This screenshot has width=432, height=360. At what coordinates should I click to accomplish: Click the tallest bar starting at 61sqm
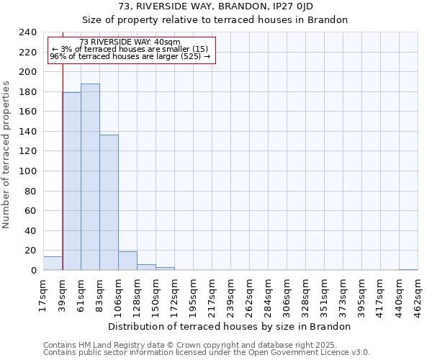(90, 177)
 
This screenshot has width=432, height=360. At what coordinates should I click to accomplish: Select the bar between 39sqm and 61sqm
(71, 181)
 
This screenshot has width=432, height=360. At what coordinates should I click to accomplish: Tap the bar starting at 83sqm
(109, 202)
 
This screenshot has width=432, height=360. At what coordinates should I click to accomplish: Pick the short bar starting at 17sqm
(53, 264)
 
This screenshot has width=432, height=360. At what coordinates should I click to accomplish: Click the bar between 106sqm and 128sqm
(127, 261)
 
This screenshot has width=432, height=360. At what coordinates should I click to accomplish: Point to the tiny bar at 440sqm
(408, 269)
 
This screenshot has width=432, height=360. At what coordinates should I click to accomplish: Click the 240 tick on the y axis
(28, 32)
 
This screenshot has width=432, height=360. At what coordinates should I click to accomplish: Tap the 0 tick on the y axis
(34, 271)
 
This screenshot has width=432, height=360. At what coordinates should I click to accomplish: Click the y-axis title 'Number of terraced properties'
(6, 154)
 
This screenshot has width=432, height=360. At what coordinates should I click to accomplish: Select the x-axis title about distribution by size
(233, 326)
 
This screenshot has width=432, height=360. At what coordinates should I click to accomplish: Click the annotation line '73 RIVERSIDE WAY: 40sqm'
(130, 42)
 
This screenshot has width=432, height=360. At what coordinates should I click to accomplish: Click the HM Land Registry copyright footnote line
(189, 345)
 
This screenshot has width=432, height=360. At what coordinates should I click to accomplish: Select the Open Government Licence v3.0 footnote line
(206, 353)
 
